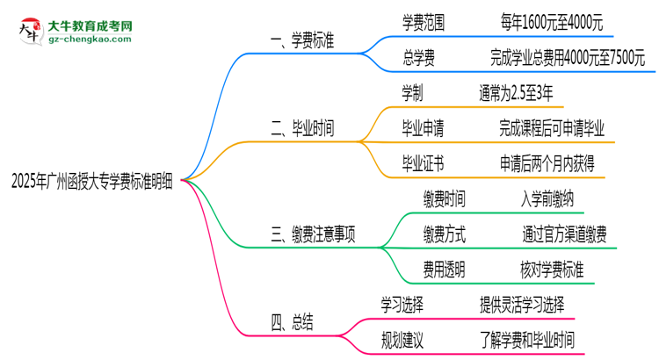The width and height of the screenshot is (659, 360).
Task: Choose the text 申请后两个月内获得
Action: tap(551, 162)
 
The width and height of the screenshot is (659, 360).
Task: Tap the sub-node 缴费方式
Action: tap(444, 234)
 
